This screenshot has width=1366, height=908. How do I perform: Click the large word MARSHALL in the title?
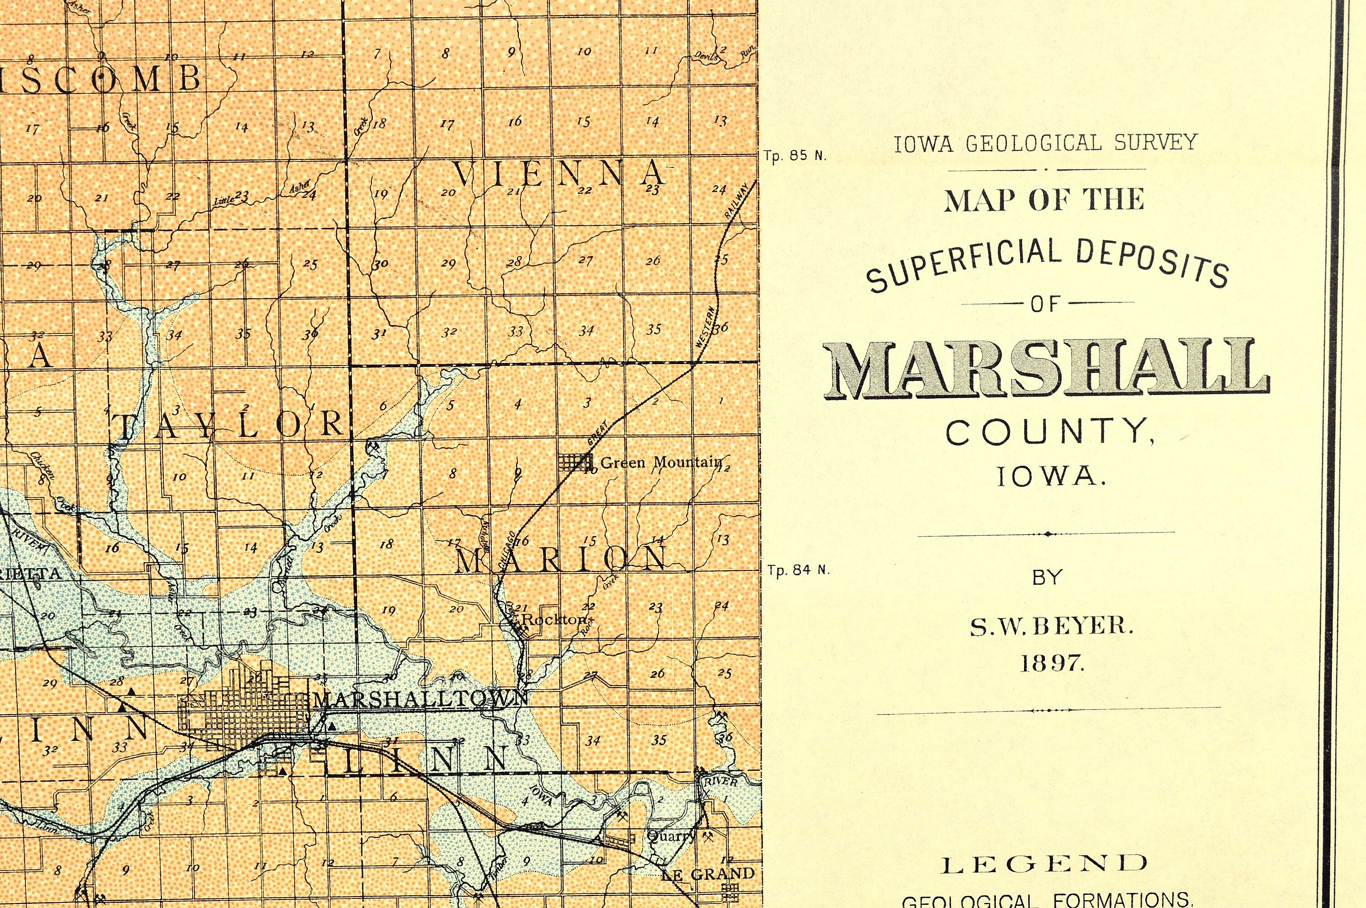[x=1045, y=370]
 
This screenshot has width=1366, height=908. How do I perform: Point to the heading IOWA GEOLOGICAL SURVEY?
[x=1045, y=143]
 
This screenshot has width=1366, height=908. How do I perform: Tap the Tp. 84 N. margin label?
[x=798, y=570]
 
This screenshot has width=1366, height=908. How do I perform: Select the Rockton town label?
[x=554, y=619]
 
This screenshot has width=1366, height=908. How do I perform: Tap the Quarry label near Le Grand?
[x=671, y=836]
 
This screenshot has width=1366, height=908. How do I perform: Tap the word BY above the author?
[x=1047, y=578]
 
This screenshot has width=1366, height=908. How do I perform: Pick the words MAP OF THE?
[x=1045, y=200]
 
